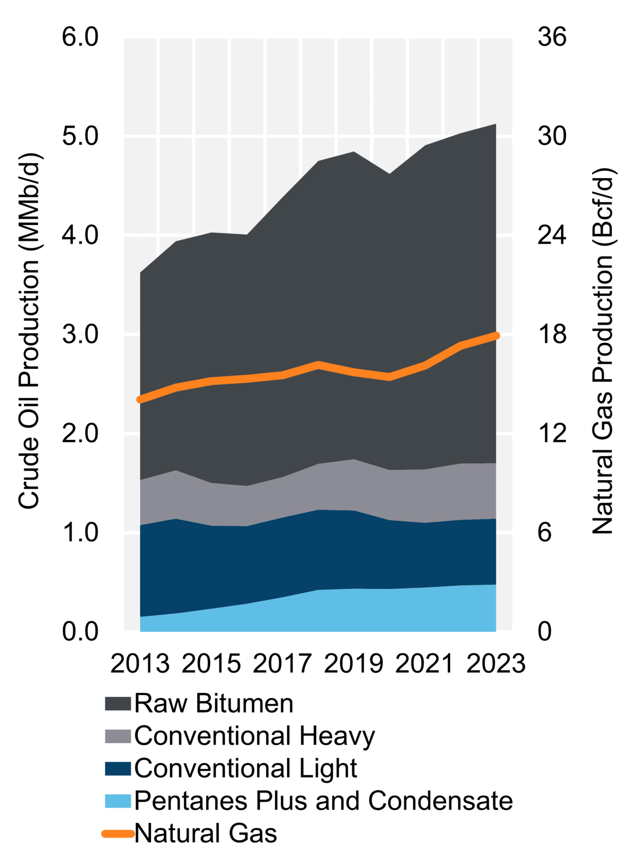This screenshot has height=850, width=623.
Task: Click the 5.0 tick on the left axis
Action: tap(80, 136)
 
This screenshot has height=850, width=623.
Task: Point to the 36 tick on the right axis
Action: tap(551, 37)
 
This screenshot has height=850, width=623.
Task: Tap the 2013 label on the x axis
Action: tap(140, 664)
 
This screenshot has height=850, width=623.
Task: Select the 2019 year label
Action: tap(354, 664)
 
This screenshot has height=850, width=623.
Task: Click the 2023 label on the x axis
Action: tap(496, 664)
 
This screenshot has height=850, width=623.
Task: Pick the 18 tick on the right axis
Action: tap(551, 334)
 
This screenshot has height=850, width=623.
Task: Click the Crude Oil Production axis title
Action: tap(29, 331)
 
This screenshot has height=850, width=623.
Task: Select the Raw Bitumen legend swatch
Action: tap(117, 704)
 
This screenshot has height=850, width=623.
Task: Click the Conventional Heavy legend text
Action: tap(254, 736)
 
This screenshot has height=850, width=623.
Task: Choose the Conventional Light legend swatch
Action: tap(117, 768)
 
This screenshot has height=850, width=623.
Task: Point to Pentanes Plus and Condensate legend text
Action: tap(323, 801)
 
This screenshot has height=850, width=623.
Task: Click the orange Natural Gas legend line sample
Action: tap(117, 833)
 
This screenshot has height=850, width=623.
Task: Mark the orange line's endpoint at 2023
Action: tap(496, 336)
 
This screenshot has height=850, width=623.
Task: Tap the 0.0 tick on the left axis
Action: tap(80, 631)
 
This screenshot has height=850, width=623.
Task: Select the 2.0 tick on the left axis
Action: tap(80, 433)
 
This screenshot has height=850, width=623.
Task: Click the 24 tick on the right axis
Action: tap(551, 235)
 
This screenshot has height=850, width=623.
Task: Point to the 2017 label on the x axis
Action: tap(282, 664)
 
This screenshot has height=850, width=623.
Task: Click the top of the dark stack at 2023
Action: tap(496, 125)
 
